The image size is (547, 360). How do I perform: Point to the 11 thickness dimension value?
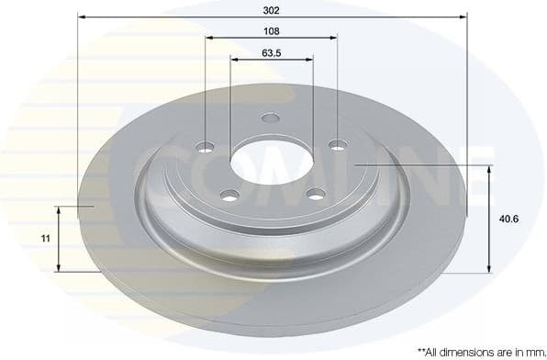tap(45, 239)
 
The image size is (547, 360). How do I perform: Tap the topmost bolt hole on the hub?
tap(270, 118)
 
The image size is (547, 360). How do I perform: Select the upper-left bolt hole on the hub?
tap(206, 147)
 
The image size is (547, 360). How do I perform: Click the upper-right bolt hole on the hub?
tap(338, 144)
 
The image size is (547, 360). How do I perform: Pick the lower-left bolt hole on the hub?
tap(230, 194)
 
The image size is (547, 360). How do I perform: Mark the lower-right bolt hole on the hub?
tap(316, 193)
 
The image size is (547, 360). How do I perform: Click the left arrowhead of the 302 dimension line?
tap(81, 17)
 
